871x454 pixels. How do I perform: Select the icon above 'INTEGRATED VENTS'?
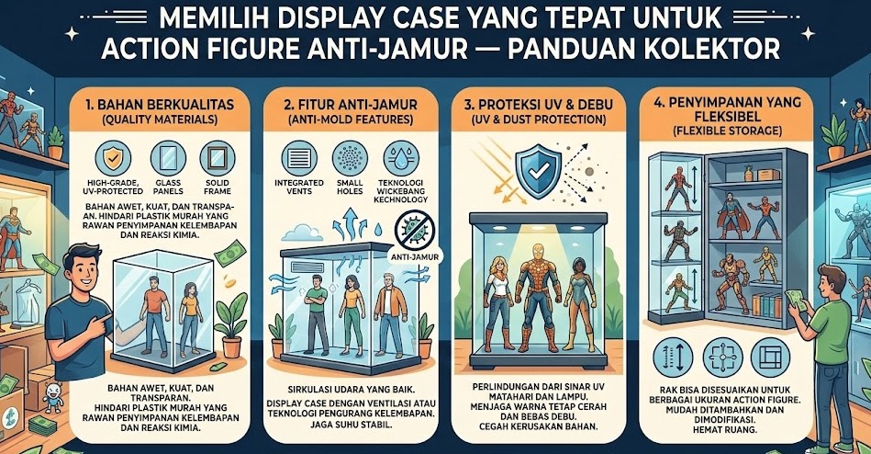coord(300,156)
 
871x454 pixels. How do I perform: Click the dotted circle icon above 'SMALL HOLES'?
coord(350,156)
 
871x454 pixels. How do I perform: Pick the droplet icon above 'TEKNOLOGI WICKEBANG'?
coord(399,156)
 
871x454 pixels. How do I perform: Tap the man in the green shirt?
coord(832,331)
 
